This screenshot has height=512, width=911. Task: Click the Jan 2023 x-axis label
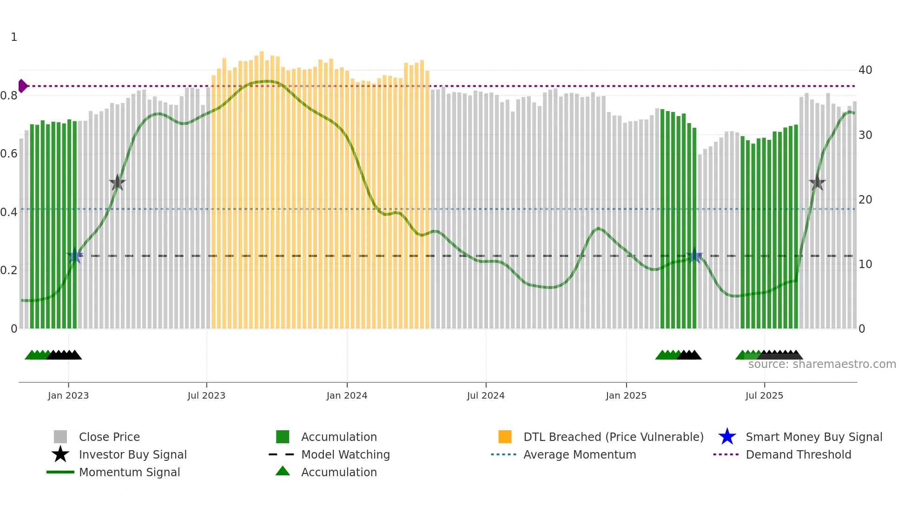click(68, 395)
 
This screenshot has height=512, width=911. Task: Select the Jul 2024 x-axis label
click(486, 395)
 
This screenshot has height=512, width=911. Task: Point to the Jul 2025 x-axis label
click(764, 395)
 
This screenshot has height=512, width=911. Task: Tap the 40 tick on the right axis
click(865, 70)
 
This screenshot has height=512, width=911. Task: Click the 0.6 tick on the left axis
click(9, 154)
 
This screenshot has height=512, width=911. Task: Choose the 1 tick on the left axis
click(14, 37)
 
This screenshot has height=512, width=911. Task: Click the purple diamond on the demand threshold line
click(22, 86)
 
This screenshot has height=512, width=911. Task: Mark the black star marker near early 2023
click(117, 183)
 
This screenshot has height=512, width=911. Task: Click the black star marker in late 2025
click(817, 183)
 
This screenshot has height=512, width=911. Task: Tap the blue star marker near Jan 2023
click(74, 256)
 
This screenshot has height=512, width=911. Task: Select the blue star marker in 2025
click(694, 256)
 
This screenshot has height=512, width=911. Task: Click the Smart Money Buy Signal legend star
click(727, 437)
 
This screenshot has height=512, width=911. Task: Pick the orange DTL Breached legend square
click(505, 437)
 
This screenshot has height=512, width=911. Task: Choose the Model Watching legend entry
click(345, 454)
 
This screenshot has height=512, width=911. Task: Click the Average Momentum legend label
click(580, 454)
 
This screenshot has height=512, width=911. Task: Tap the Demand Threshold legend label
click(798, 454)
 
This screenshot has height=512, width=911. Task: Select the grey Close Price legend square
click(60, 437)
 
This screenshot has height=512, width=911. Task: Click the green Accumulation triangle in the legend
click(283, 471)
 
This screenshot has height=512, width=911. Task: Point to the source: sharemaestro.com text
click(822, 364)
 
